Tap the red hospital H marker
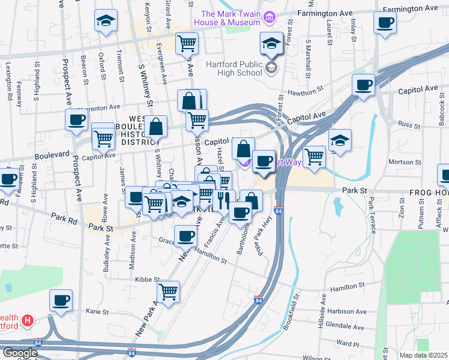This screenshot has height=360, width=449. pos(26,320)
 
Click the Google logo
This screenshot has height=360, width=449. pos(20,353)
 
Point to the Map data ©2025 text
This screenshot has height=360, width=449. pos(424,355)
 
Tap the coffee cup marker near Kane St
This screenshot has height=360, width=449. pos(61,300)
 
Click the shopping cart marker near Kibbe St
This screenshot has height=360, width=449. pos(169,292)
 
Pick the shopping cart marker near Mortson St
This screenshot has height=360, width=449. pos(314,157)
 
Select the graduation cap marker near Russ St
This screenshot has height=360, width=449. pos(340,140)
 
